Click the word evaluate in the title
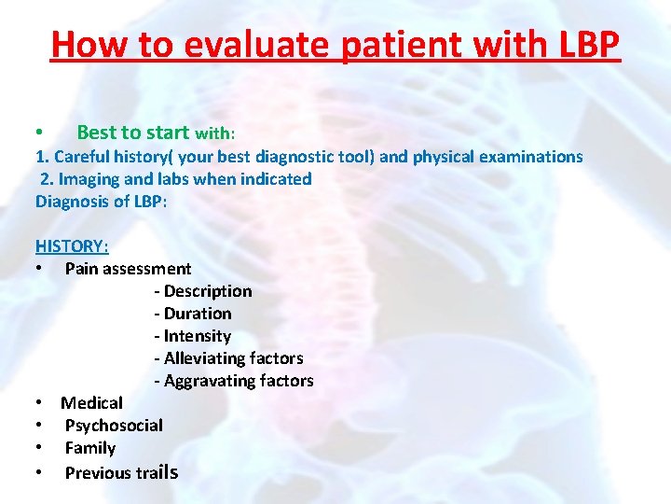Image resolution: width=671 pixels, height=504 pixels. coord(237,44)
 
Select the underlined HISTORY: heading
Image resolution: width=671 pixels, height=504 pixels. coord(72,246)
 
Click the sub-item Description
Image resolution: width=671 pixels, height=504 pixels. coord(203,291)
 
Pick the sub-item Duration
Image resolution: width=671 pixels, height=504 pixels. coord(193,314)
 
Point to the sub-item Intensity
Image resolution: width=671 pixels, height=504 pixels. coord(193,336)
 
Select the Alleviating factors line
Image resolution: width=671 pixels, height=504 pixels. coord(229,358)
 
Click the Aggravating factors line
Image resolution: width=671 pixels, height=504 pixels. coord(234,381)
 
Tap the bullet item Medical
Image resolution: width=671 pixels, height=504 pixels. coord(91,403)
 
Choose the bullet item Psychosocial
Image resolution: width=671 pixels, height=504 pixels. coord(114,426)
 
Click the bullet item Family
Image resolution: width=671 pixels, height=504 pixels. coord(90,448)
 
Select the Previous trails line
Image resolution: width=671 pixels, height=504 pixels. coord(120,472)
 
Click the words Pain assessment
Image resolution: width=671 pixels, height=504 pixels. coord(128,269)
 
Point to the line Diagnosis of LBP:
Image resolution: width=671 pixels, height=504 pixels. coord(101,202)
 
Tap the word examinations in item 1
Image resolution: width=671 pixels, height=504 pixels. coord(530,157)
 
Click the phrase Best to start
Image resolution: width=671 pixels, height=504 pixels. coord(132,133)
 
